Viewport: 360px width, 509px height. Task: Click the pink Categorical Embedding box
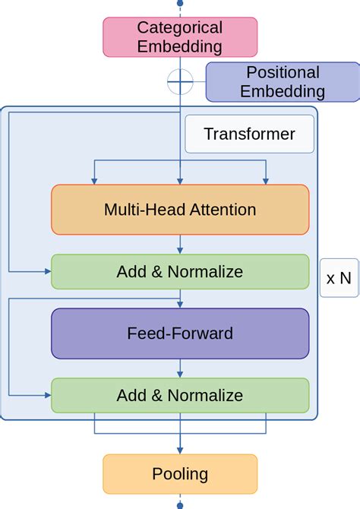pyautogui.click(x=180, y=37)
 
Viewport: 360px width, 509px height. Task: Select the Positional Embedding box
pyautogui.click(x=283, y=82)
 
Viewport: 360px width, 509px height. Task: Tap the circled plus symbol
pyautogui.click(x=180, y=80)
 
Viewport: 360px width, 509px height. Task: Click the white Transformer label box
pyautogui.click(x=249, y=134)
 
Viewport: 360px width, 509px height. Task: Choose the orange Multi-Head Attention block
pyautogui.click(x=180, y=210)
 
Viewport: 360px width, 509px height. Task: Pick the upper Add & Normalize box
pyautogui.click(x=180, y=272)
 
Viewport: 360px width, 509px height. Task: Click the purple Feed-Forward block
pyautogui.click(x=180, y=334)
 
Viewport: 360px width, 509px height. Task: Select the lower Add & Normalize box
pyautogui.click(x=180, y=395)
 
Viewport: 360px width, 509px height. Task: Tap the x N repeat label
pyautogui.click(x=339, y=277)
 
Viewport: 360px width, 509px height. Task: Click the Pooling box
pyautogui.click(x=180, y=474)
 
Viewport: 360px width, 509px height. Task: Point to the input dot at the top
pyautogui.click(x=180, y=2)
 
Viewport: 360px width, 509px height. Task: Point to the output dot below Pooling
pyautogui.click(x=180, y=505)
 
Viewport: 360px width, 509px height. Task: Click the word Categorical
pyautogui.click(x=180, y=28)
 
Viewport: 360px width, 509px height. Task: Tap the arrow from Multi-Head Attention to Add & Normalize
pyautogui.click(x=180, y=245)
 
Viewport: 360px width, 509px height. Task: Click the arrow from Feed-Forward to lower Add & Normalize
pyautogui.click(x=180, y=368)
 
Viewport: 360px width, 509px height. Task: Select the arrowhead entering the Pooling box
pyautogui.click(x=180, y=451)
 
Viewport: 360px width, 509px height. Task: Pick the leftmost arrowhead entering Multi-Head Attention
pyautogui.click(x=93, y=181)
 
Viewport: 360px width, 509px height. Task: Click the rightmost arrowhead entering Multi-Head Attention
pyautogui.click(x=267, y=181)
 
